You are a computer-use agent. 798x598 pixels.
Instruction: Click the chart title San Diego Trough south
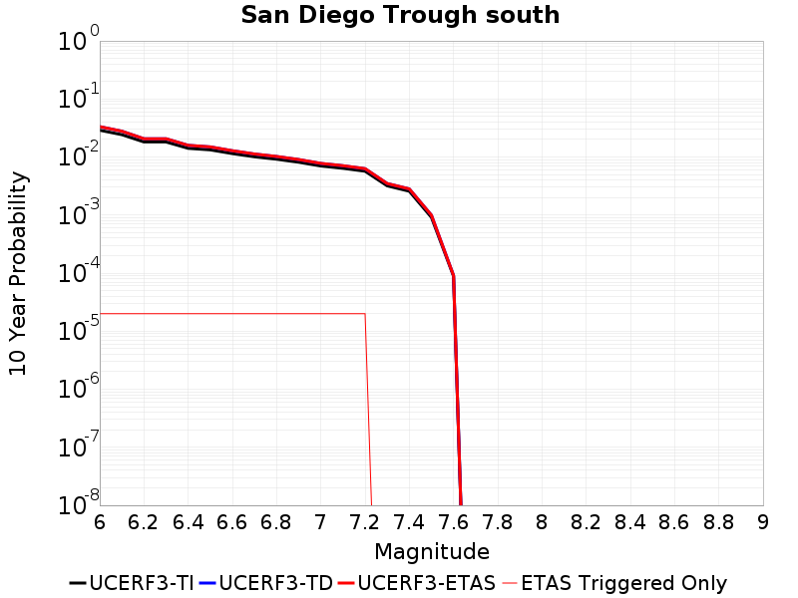(x=400, y=15)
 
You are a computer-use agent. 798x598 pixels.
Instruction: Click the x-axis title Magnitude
(x=431, y=551)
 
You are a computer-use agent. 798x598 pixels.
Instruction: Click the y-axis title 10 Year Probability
(x=18, y=273)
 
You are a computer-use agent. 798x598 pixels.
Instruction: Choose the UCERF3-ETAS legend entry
(x=417, y=583)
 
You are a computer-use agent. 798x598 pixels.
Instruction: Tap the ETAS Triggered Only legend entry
(x=614, y=583)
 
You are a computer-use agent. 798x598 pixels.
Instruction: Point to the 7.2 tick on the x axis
(x=365, y=522)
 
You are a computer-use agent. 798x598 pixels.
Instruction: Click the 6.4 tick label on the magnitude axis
(x=188, y=522)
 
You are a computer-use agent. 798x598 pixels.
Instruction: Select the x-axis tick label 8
(x=543, y=522)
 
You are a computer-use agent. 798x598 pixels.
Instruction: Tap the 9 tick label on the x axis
(x=763, y=522)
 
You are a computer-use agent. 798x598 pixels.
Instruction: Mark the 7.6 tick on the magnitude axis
(x=454, y=522)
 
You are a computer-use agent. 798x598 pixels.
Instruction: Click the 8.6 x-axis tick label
(x=675, y=522)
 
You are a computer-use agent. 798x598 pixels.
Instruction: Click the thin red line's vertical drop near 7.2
(x=368, y=409)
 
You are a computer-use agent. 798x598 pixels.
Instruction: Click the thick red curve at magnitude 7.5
(x=431, y=215)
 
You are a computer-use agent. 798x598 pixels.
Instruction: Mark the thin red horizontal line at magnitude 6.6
(x=232, y=313)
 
